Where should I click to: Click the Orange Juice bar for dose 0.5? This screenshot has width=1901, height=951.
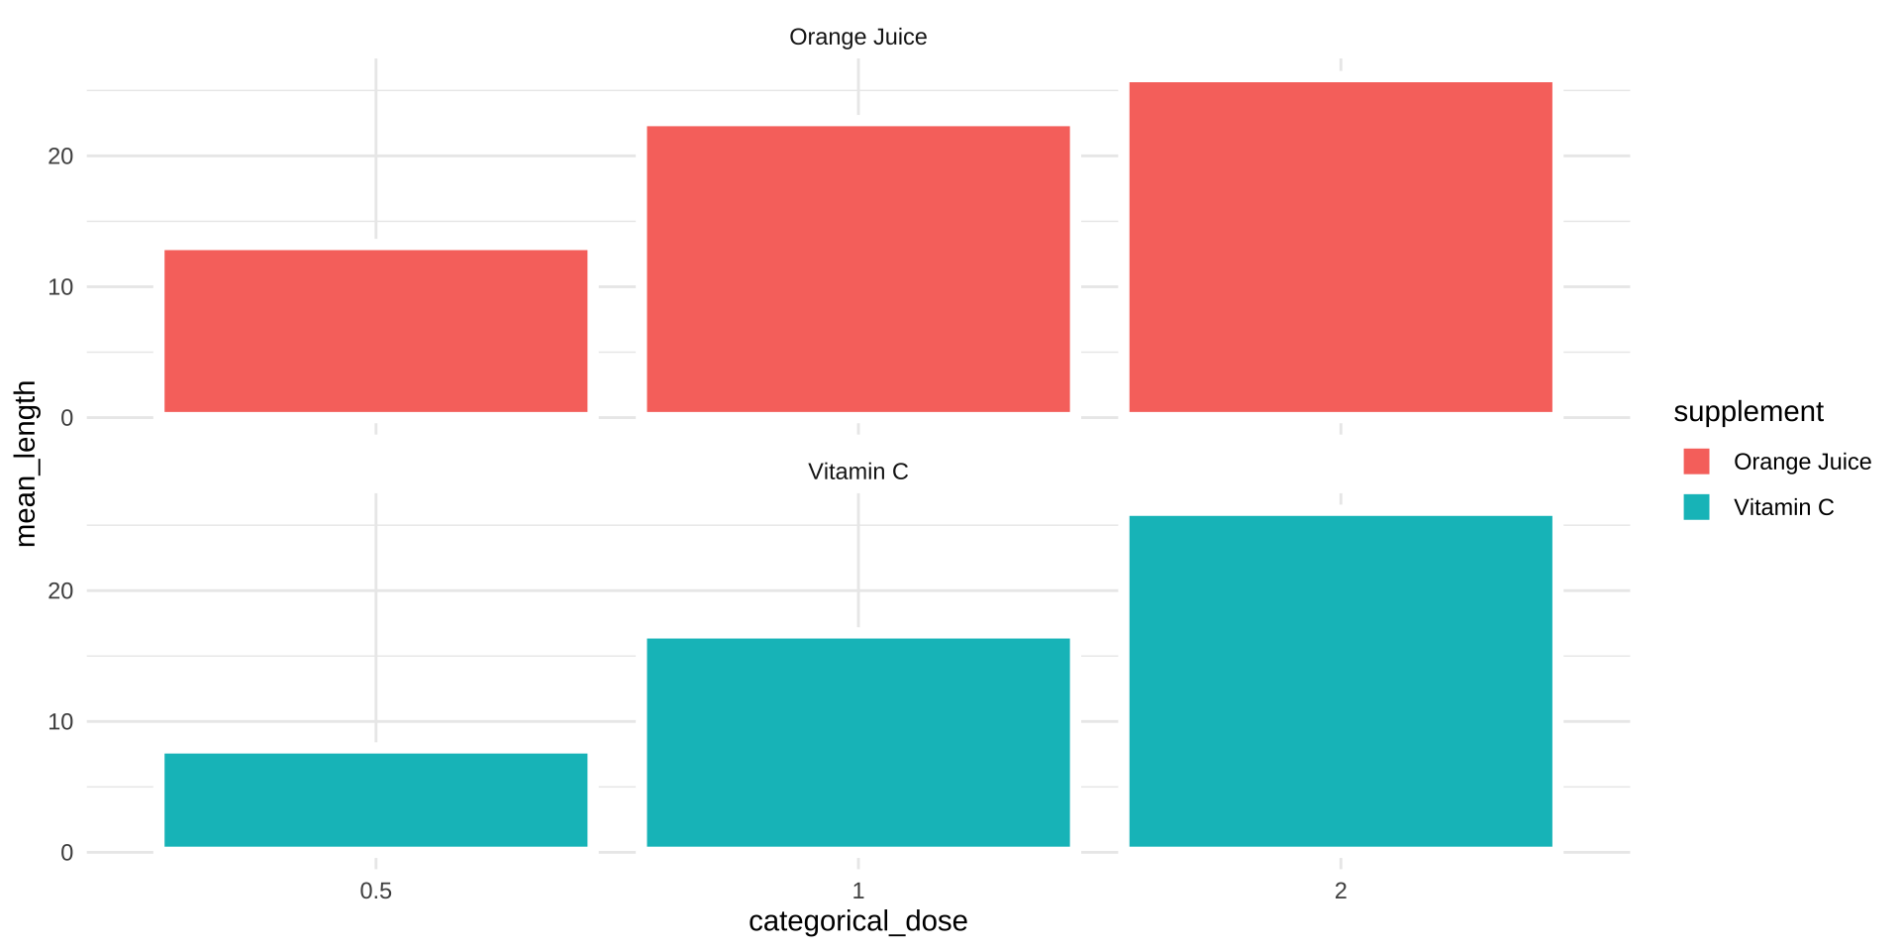click(375, 331)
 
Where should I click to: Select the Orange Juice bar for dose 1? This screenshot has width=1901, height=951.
click(857, 268)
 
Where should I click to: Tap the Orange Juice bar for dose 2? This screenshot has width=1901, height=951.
click(1340, 247)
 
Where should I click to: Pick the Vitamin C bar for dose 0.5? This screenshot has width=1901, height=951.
click(375, 799)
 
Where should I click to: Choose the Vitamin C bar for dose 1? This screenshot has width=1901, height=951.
click(857, 742)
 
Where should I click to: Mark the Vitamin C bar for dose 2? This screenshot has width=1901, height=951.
click(1340, 681)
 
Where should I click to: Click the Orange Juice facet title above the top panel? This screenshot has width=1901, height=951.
click(857, 38)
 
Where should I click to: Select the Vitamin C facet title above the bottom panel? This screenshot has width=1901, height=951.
click(857, 472)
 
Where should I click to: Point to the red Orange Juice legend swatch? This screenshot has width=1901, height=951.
click(1696, 462)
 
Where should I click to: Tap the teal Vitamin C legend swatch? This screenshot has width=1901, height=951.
click(1696, 507)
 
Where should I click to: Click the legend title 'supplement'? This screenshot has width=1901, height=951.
click(1748, 412)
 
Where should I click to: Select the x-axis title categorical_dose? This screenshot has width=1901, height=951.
click(857, 921)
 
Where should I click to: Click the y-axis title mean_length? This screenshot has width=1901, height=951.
click(26, 463)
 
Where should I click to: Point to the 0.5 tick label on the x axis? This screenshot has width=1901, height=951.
click(375, 891)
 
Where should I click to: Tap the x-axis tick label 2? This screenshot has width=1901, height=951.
click(1340, 891)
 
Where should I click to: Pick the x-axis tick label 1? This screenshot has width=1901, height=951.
click(857, 891)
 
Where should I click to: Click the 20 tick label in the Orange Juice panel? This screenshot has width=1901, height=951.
click(60, 157)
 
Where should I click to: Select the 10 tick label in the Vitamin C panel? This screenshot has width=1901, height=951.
click(60, 722)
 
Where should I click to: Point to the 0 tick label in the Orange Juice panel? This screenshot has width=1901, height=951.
click(66, 418)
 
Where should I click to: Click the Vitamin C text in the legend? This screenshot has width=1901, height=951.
click(1783, 507)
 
